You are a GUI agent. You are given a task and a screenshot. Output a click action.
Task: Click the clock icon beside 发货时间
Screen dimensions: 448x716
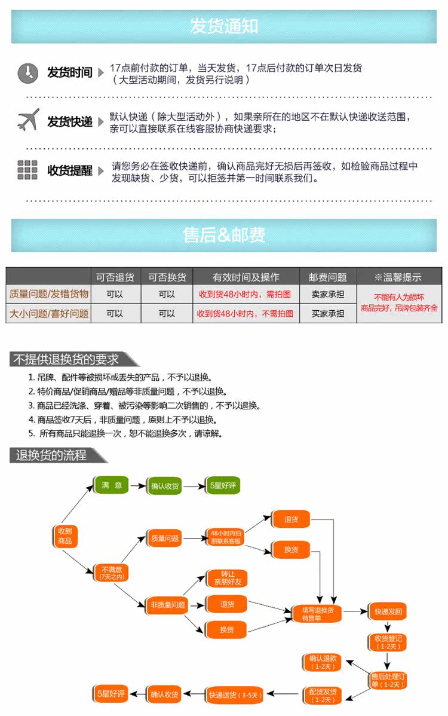tap(28, 73)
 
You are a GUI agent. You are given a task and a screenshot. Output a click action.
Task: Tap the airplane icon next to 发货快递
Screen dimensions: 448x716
tap(28, 120)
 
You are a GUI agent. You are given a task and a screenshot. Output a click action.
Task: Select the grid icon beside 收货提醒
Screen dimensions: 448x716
tap(27, 170)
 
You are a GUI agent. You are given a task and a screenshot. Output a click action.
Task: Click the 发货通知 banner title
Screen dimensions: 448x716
tap(223, 26)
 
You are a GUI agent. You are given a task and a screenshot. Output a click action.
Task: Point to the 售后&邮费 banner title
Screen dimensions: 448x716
tap(223, 235)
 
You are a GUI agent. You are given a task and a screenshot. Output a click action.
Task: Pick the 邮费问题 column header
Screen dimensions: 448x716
tap(327, 277)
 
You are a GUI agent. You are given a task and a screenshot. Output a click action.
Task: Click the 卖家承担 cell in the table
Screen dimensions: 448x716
tap(327, 295)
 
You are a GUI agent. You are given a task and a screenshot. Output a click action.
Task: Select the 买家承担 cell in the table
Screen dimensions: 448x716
tap(327, 314)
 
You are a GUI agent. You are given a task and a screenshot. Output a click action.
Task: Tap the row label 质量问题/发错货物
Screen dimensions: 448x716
tap(49, 294)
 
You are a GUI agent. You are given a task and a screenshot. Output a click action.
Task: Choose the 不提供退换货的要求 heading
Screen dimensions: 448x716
tap(66, 359)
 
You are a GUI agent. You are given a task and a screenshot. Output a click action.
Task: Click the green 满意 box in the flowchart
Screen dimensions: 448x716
tap(111, 485)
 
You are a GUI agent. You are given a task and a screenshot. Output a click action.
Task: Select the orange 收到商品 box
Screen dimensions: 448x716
tap(65, 536)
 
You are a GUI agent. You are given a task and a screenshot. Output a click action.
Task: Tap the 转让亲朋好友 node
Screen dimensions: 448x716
tap(227, 578)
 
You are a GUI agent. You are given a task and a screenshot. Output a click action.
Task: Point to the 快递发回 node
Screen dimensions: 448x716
tap(388, 611)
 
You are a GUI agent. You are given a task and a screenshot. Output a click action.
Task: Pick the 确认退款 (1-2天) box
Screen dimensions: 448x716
tap(323, 662)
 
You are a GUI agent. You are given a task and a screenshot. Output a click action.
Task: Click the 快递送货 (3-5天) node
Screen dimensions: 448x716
tap(235, 694)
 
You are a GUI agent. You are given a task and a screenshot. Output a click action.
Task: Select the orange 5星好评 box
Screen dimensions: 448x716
tap(111, 694)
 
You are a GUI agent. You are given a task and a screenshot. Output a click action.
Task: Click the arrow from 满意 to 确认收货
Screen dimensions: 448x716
tap(138, 485)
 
